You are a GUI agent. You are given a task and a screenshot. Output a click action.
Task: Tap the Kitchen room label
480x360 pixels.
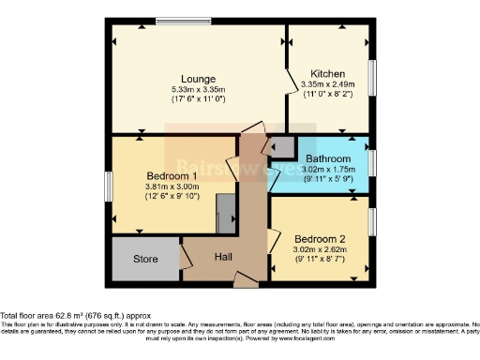328,73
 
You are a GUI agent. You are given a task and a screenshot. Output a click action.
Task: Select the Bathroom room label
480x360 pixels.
333,159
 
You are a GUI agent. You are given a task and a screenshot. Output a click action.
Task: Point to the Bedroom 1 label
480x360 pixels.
172,175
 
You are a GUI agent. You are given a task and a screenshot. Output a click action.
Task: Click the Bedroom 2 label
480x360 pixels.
320,238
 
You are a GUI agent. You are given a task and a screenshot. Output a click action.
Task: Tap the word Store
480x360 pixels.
146,260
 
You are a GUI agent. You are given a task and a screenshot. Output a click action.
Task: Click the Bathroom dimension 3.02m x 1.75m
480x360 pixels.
333,170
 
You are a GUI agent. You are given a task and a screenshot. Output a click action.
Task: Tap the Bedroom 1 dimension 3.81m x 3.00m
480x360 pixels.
172,187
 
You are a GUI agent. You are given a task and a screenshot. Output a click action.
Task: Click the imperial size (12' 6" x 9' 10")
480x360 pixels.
172,197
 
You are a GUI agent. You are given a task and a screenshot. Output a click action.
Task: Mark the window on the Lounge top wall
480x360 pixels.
184,22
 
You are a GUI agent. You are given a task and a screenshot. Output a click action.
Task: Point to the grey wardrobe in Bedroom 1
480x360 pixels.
226,215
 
